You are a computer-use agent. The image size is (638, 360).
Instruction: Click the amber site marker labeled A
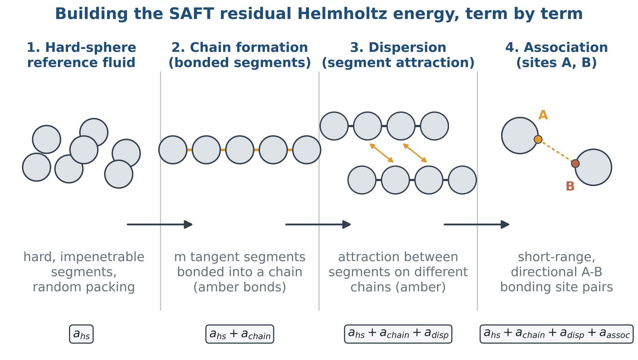538,139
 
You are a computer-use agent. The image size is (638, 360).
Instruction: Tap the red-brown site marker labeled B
575,163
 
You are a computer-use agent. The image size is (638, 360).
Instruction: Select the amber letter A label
543,115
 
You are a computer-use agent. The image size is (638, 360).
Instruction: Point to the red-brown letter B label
570,186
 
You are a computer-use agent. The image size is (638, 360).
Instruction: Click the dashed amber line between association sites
556,151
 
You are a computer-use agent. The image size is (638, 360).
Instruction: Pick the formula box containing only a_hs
81,334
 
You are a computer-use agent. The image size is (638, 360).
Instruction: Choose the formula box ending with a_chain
240,334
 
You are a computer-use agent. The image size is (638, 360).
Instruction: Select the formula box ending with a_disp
398,334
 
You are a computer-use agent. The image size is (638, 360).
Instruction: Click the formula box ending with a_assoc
556,334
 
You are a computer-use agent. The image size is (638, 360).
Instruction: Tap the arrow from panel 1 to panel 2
160,224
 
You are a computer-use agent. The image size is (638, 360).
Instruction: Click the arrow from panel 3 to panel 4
477,224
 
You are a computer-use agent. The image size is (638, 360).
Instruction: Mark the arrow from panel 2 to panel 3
318,224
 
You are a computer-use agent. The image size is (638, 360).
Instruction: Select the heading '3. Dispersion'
398,47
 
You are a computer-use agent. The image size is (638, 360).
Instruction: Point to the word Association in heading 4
566,47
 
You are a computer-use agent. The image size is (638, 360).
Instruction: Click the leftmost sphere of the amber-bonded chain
173,150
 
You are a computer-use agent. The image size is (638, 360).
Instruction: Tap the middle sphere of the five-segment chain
240,150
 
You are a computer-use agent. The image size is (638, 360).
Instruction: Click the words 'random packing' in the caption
84,287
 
